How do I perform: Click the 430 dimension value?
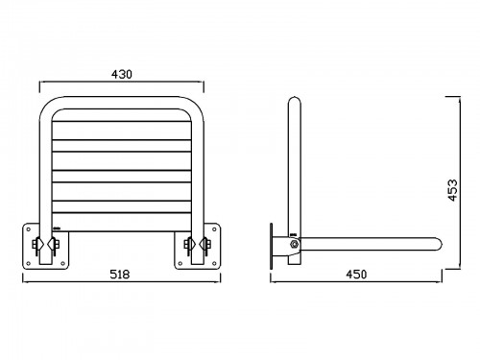point(122,74)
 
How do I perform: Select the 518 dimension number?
point(120,275)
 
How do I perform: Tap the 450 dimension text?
point(356,275)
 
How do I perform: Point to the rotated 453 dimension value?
point(452,190)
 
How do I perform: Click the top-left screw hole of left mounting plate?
point(28,229)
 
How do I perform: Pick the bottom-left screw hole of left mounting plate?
point(28,263)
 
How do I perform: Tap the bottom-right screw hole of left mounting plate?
point(62,263)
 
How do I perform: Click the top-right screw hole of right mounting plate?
point(214,229)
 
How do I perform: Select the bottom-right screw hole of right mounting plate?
point(214,263)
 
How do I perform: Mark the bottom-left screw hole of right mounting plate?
point(180,263)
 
